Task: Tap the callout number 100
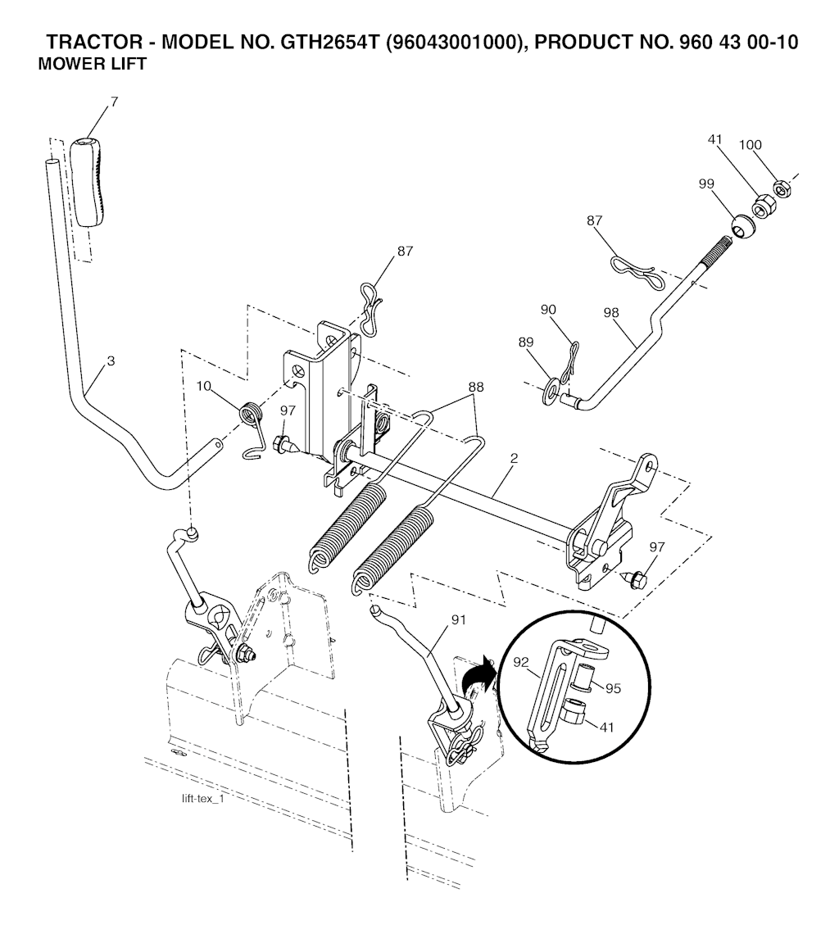pyautogui.click(x=750, y=144)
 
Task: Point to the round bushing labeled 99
pyautogui.click(x=743, y=226)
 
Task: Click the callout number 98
pyautogui.click(x=612, y=313)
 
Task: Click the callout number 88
pyautogui.click(x=475, y=387)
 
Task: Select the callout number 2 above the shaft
pyautogui.click(x=514, y=458)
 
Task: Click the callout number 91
pyautogui.click(x=459, y=620)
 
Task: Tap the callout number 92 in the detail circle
pyautogui.click(x=522, y=662)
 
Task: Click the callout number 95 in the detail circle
pyautogui.click(x=614, y=688)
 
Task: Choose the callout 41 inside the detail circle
pyautogui.click(x=606, y=728)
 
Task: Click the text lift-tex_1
pyautogui.click(x=203, y=800)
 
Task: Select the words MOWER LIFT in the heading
pyautogui.click(x=92, y=64)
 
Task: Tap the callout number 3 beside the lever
pyautogui.click(x=111, y=361)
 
